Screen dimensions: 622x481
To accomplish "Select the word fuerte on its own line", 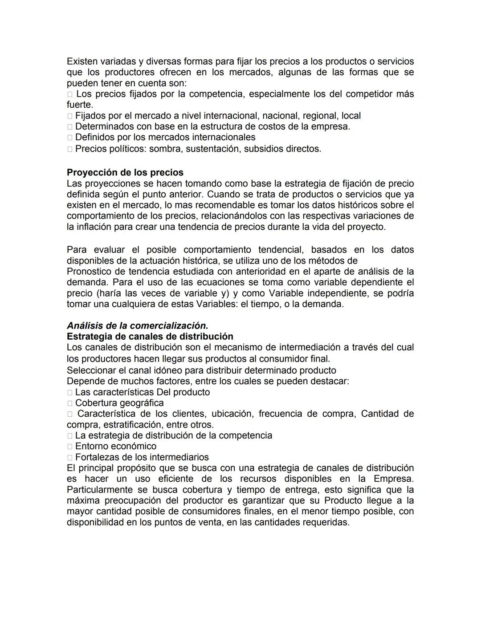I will click(x=79, y=105).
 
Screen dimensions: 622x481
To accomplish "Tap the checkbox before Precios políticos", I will click(x=70, y=149).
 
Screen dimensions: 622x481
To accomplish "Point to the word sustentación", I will click(x=213, y=149).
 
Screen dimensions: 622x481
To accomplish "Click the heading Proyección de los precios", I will click(x=125, y=172).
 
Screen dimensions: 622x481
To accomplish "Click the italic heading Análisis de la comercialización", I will click(x=137, y=325).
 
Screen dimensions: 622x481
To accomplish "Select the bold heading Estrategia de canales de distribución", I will click(x=150, y=336).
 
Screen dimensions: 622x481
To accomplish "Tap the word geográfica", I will click(x=141, y=403).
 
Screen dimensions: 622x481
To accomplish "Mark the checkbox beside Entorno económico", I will click(x=70, y=447).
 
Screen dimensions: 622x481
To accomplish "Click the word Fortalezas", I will click(x=96, y=457).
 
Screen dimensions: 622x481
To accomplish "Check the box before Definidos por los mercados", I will click(x=70, y=138).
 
